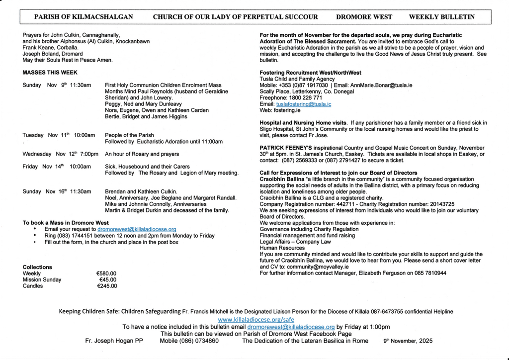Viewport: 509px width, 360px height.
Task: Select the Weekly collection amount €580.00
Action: tap(106, 273)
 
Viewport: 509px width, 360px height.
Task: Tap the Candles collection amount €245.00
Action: tap(107, 286)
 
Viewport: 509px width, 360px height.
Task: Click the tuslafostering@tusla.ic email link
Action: tap(304, 104)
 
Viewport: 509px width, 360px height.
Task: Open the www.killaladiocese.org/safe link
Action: tap(256, 319)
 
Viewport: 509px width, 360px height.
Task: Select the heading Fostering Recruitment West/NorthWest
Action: tap(310, 73)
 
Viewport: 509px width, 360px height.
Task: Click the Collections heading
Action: tap(37, 267)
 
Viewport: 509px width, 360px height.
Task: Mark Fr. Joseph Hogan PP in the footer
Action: tap(114, 341)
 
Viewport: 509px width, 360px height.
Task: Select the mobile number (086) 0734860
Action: tap(189, 341)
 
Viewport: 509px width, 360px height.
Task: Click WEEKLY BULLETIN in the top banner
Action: tap(441, 17)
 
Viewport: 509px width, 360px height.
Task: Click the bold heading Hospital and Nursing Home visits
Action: tap(303, 123)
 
